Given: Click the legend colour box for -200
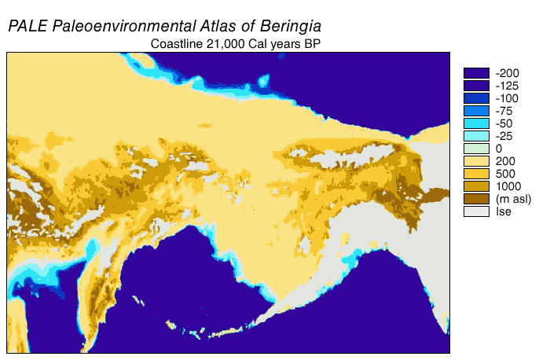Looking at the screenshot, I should tap(476, 73).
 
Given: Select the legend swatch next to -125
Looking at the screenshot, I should tap(476, 86).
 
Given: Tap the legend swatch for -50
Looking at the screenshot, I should tap(476, 123).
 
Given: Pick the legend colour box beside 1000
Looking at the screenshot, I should tap(476, 186).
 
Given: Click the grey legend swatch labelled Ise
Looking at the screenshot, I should tap(476, 211).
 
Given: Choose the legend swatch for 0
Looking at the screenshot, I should tap(476, 149).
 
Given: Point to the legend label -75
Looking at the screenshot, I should tap(504, 111).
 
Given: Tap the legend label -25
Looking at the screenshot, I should tap(504, 136).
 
